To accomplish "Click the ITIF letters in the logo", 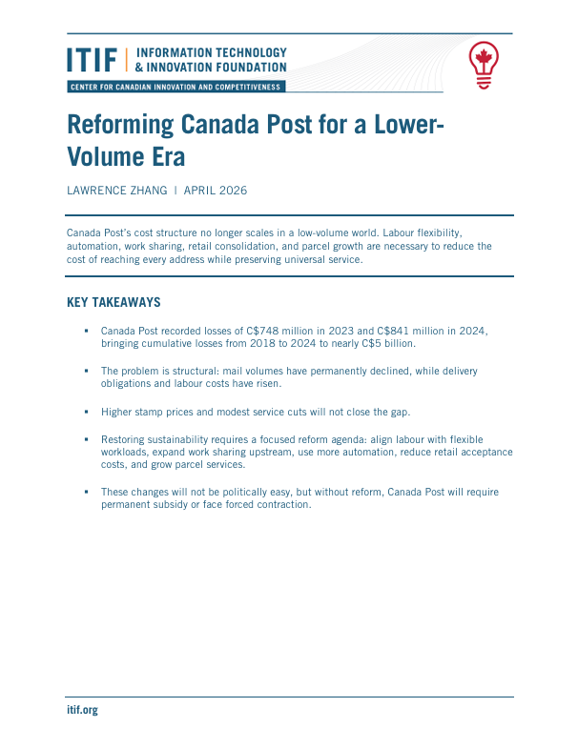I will tap(92, 60).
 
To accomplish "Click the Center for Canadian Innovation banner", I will tap(175, 87).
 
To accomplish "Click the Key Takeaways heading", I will tap(113, 303).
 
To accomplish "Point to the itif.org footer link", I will tap(82, 710).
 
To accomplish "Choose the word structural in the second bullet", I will tap(191, 371).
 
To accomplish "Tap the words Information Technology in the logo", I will tap(212, 53).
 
